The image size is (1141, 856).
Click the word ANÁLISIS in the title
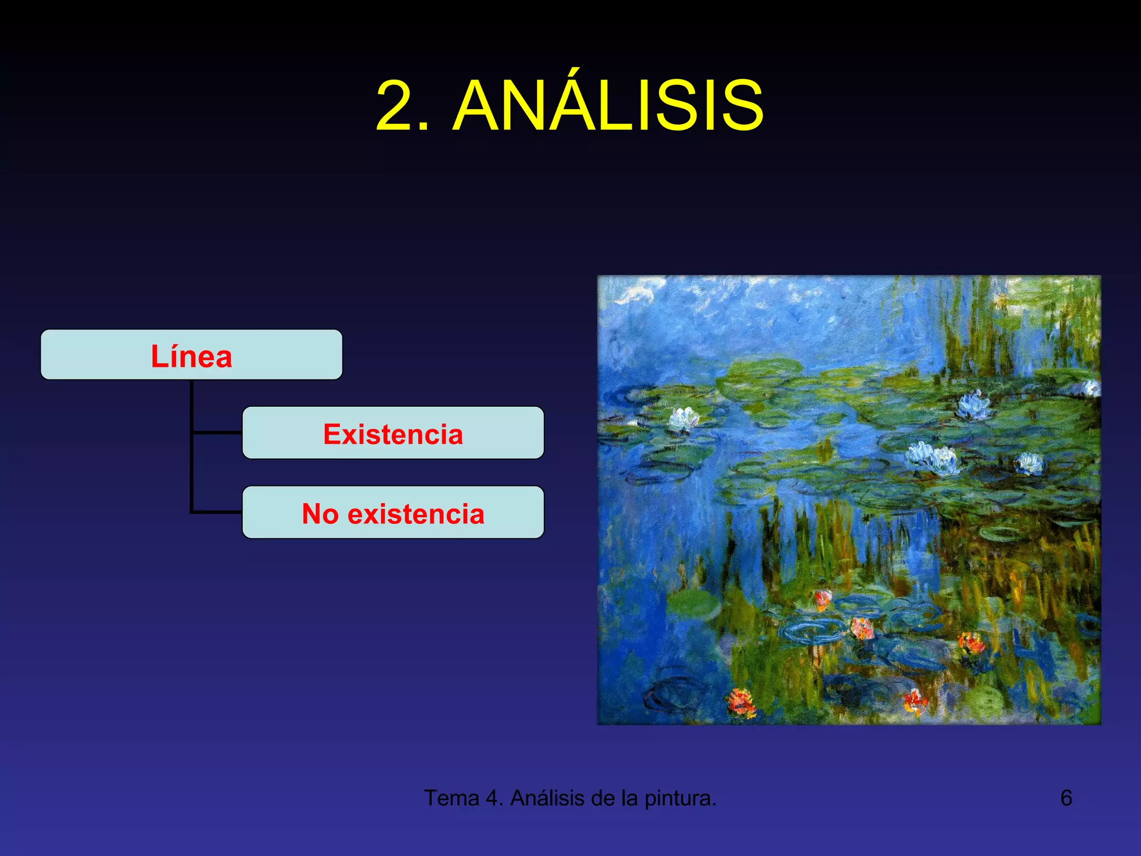point(608,106)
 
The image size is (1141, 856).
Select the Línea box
point(192,355)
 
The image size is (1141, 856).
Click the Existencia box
point(393,433)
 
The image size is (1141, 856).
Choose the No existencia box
point(393,513)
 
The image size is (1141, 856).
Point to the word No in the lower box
point(320,514)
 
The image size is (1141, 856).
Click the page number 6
point(1066,798)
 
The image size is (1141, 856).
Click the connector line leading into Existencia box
point(217,432)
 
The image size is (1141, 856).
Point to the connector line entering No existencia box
point(217,512)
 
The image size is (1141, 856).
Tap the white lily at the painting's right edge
point(1091,388)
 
